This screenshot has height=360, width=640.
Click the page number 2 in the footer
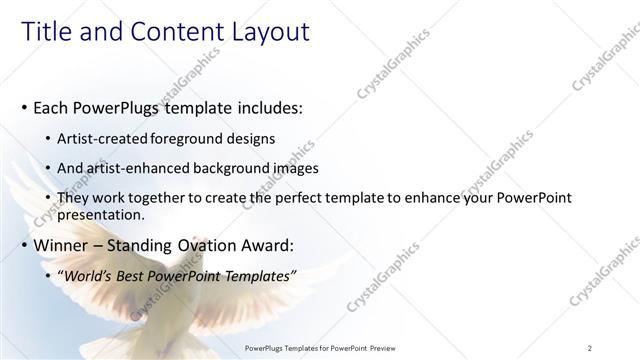tap(590, 348)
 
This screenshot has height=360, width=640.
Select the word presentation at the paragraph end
tap(101, 214)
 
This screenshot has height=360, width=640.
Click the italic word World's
tap(89, 276)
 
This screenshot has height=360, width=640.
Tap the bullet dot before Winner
tap(24, 246)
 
